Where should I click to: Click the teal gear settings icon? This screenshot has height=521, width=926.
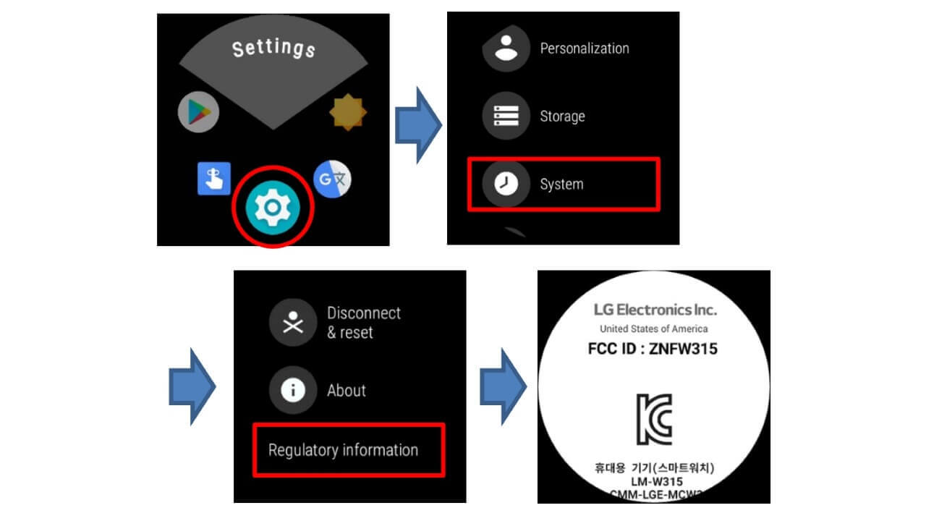[x=272, y=207]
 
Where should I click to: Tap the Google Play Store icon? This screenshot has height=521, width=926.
[x=198, y=112]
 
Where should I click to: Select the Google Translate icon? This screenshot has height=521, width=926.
[x=333, y=179]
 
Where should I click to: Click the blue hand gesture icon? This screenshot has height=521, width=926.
[x=214, y=178]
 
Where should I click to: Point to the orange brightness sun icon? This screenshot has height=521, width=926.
[x=348, y=112]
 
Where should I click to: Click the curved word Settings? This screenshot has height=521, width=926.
[x=273, y=48]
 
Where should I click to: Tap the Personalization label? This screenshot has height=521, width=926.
[x=585, y=48]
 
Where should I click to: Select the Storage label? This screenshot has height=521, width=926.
[x=562, y=117]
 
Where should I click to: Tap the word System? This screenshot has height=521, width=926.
[x=561, y=185]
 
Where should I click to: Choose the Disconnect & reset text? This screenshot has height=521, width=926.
[x=363, y=323]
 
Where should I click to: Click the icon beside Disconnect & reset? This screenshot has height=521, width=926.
[x=292, y=323]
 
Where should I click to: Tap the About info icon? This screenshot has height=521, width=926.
[x=292, y=391]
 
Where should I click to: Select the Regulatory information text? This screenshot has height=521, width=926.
[x=343, y=450]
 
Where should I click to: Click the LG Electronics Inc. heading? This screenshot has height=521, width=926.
[x=655, y=310]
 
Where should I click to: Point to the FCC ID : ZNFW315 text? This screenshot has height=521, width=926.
[x=653, y=350]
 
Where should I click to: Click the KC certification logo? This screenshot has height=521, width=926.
[x=654, y=419]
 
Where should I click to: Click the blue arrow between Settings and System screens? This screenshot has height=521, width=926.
[x=419, y=124]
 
